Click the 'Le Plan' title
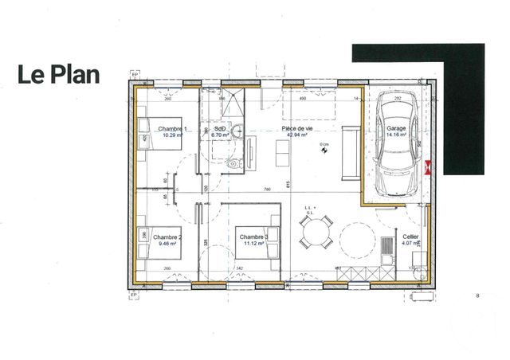(59, 75)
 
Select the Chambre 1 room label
(172, 129)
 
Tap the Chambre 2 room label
(167, 237)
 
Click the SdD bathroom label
(220, 128)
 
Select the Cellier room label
(410, 237)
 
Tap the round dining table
(316, 233)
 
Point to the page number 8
(477, 296)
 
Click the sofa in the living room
(349, 152)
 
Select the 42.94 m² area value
(299, 135)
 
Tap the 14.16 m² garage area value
(396, 135)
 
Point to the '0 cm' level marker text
(324, 144)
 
